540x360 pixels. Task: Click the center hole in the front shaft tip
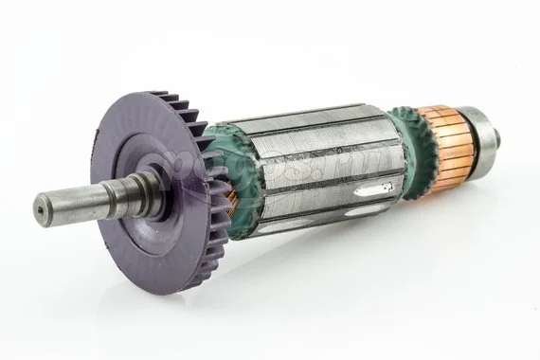40,205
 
